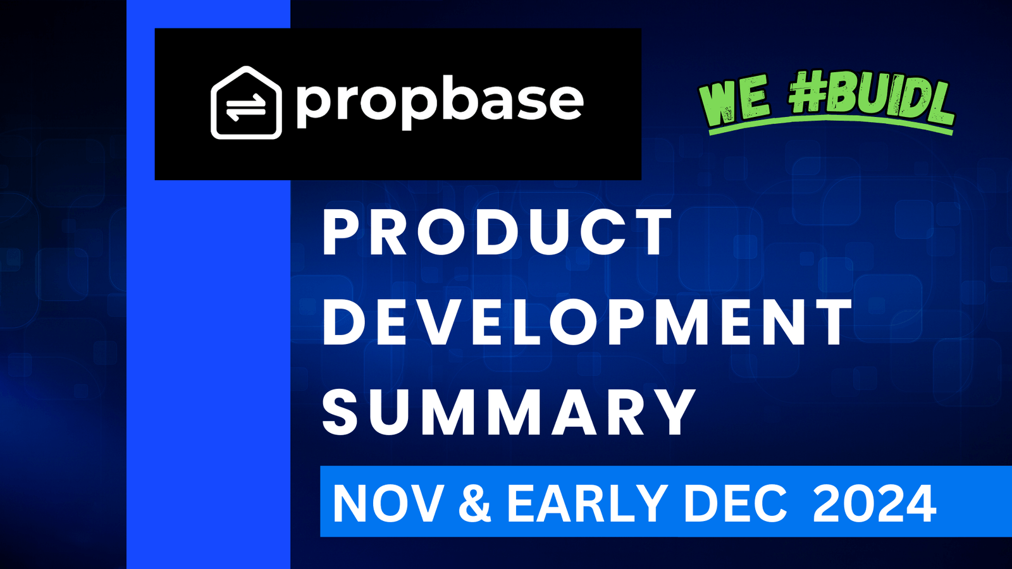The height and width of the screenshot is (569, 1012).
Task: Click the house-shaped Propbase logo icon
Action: click(246, 102)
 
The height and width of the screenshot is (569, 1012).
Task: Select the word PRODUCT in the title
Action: click(497, 233)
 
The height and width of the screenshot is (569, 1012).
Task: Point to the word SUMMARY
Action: click(509, 412)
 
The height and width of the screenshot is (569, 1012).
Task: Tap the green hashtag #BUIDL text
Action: click(872, 99)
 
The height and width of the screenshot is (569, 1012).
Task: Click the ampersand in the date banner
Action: click(474, 503)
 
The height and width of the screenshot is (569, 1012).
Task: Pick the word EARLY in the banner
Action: click(587, 503)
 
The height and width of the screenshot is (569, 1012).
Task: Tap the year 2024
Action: click(874, 503)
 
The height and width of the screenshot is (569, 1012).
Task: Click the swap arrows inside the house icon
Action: click(246, 108)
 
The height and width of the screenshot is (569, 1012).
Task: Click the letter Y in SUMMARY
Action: click(672, 412)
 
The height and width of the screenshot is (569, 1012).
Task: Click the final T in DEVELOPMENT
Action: click(830, 323)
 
